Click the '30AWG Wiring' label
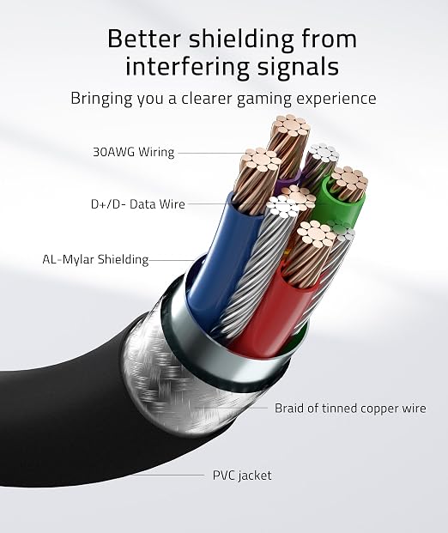point(134,152)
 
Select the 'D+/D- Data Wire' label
point(138,204)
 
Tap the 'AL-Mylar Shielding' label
point(95,260)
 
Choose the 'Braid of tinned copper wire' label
point(350,408)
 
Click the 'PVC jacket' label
point(242,475)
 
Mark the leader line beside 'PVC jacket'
point(167,475)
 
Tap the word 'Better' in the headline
point(143,39)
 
